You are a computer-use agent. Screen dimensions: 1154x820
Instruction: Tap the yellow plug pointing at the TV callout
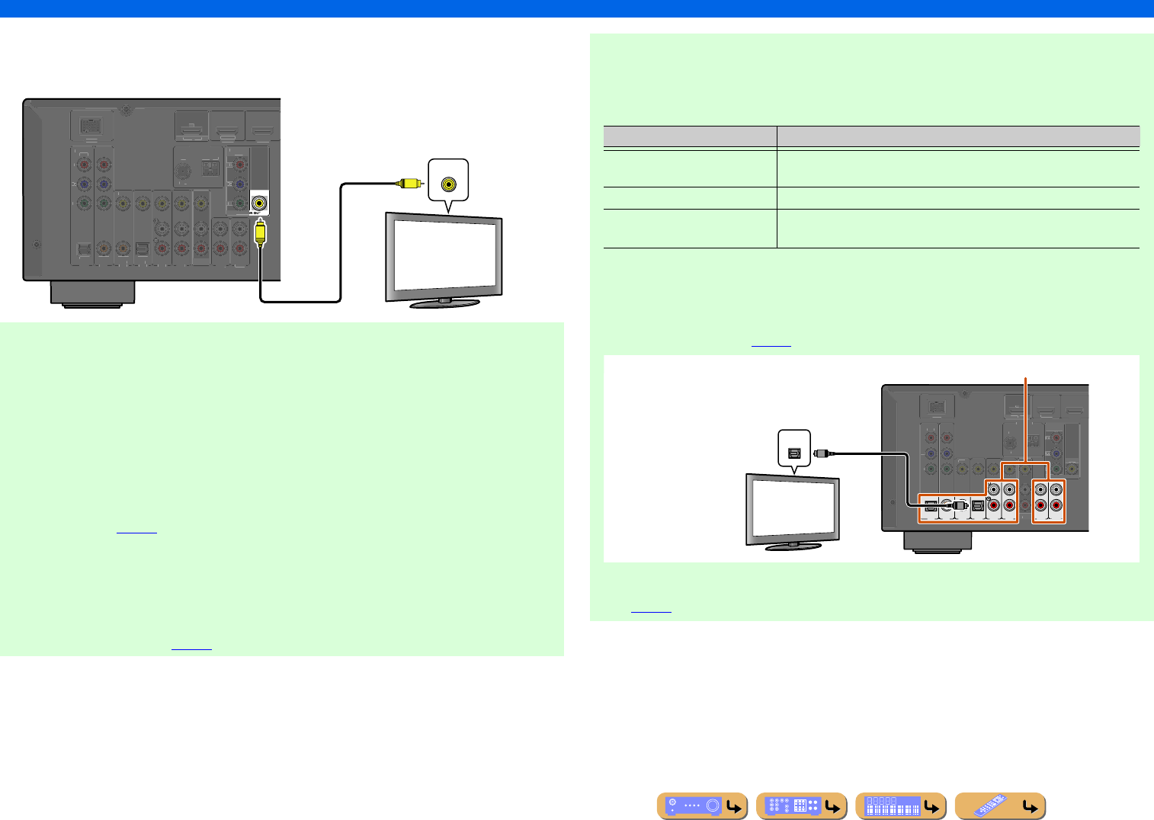click(409, 183)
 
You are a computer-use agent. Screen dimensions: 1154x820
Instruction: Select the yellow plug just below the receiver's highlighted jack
click(261, 232)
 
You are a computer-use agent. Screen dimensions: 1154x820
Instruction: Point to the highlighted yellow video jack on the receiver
click(261, 203)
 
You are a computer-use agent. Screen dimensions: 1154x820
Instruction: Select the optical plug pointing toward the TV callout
click(822, 453)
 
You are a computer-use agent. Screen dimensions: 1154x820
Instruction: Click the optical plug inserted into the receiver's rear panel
click(959, 504)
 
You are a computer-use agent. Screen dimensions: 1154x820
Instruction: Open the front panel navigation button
click(702, 806)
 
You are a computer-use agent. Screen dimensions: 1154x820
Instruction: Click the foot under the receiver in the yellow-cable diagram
click(92, 293)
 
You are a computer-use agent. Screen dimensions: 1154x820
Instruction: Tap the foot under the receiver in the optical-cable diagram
click(937, 541)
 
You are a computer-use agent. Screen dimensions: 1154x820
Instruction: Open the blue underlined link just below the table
click(771, 345)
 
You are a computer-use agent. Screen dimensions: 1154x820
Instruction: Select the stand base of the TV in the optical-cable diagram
click(793, 546)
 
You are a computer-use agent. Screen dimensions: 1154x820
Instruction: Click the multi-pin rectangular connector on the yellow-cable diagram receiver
click(91, 123)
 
